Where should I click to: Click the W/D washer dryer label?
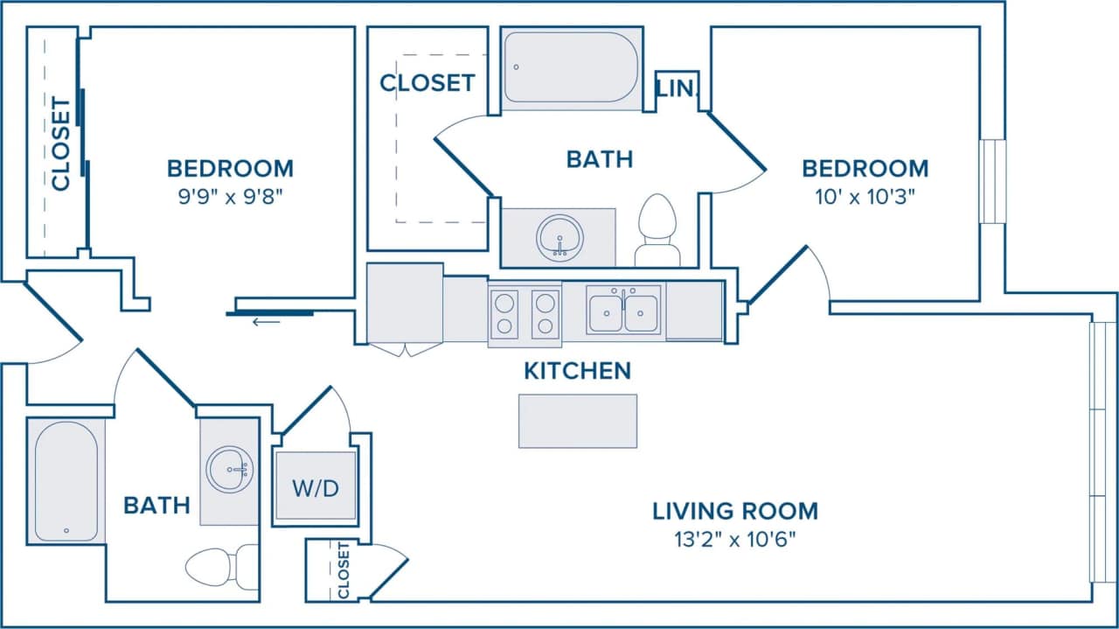tap(315, 488)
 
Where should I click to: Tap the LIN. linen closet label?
tap(677, 88)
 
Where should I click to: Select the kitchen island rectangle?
tap(577, 421)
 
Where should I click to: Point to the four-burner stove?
tap(524, 314)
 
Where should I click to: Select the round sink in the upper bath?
tap(559, 236)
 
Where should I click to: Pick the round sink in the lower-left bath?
tap(229, 470)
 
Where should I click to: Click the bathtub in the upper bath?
tap(571, 66)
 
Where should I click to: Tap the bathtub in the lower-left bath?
tap(66, 480)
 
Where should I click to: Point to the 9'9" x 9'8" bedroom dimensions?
tap(230, 196)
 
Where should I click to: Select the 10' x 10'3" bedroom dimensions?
tap(865, 196)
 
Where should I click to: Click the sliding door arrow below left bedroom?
tap(267, 322)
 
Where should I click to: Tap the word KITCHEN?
tap(577, 371)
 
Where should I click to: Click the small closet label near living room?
tap(343, 570)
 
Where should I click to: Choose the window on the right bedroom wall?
tap(993, 181)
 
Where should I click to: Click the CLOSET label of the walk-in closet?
tap(427, 83)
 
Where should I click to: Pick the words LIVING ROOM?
tap(735, 510)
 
